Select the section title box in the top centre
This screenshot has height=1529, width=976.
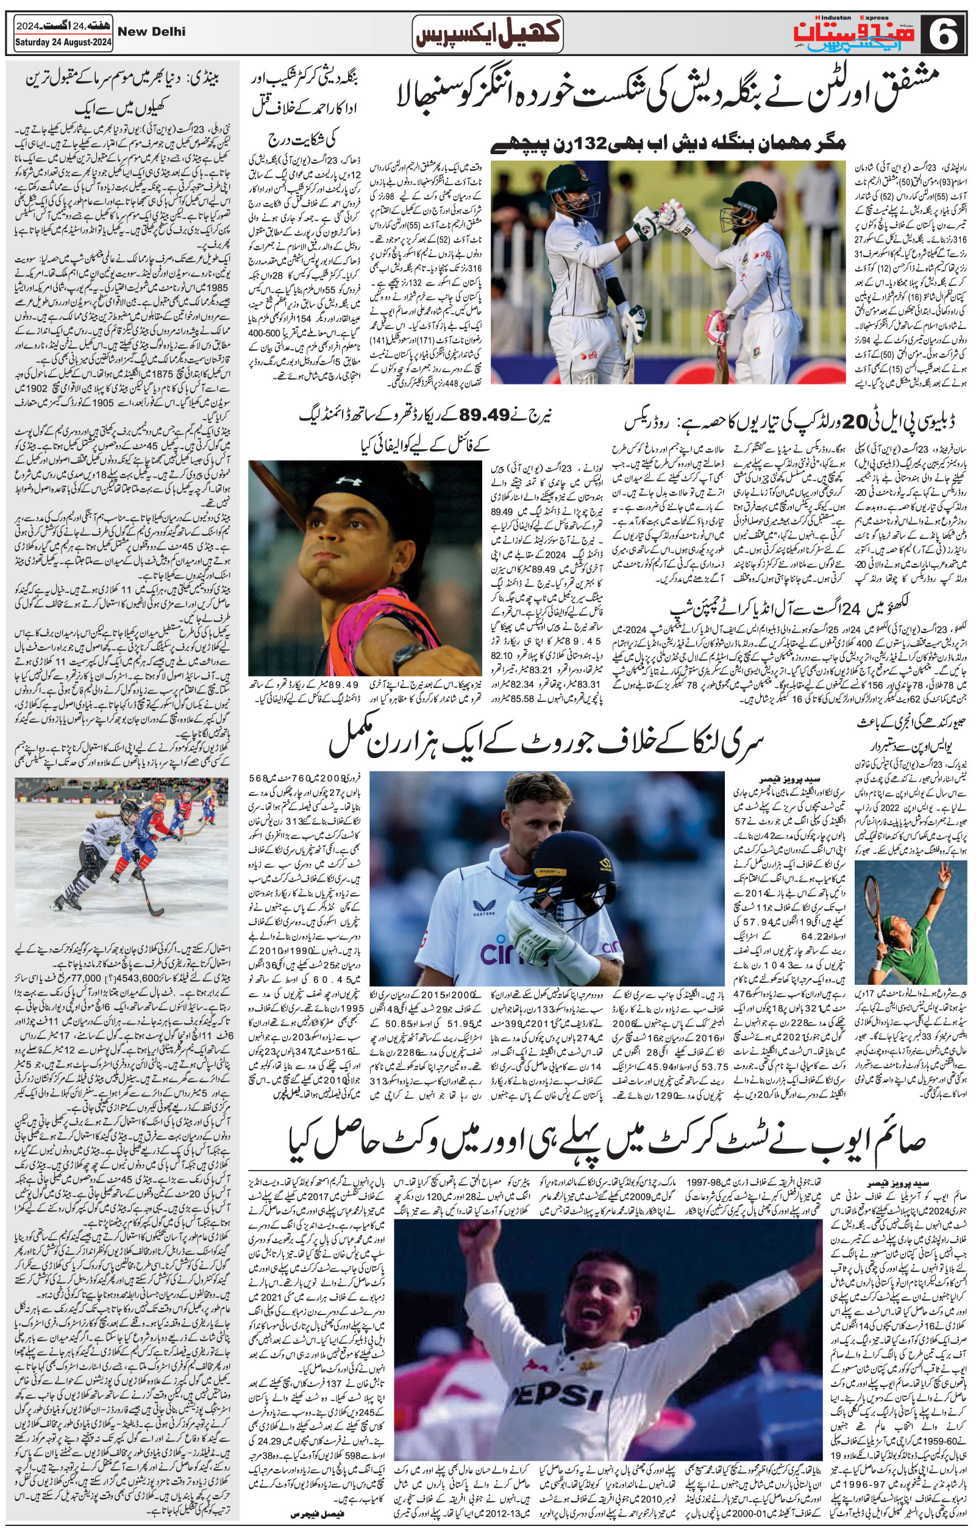coord(487,32)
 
